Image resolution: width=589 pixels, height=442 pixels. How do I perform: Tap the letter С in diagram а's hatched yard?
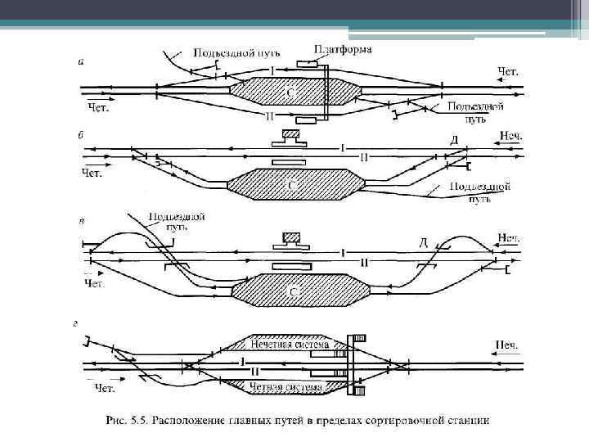[290, 93]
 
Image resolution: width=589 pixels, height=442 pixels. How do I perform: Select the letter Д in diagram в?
[423, 242]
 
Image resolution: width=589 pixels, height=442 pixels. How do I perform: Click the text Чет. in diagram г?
[105, 387]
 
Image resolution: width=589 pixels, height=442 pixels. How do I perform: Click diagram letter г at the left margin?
[75, 324]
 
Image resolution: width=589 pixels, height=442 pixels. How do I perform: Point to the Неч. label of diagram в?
[508, 238]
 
